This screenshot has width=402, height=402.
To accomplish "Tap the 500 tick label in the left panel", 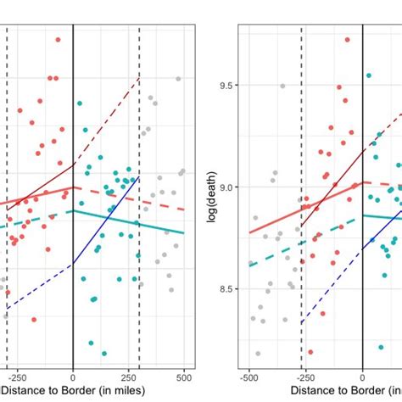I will [x=184, y=376].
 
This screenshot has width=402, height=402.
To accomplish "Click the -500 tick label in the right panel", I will [x=249, y=376].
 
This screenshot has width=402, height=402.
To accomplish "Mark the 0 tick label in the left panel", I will [x=73, y=376].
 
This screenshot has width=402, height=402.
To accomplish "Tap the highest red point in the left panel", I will [x=58, y=39].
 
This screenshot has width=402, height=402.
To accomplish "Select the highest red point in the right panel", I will [x=348, y=39].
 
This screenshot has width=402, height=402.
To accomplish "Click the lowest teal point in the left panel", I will [x=103, y=353].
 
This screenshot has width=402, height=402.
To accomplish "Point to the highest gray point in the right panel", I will [x=282, y=86].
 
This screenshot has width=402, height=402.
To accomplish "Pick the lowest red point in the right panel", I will [x=310, y=351].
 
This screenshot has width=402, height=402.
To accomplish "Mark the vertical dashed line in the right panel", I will [x=302, y=254].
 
